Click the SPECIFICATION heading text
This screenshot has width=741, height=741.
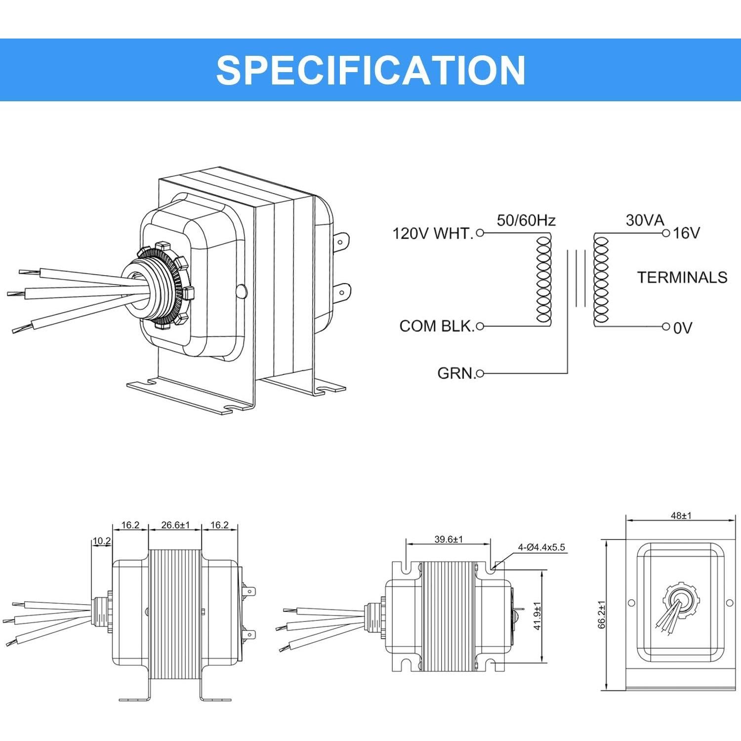[x=370, y=70]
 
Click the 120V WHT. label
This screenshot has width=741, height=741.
[x=432, y=233]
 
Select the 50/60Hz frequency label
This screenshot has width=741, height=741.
[x=526, y=220]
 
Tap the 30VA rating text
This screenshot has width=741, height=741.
[x=645, y=220]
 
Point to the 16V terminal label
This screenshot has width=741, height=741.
[x=686, y=233]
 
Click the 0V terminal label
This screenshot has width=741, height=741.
[x=683, y=328]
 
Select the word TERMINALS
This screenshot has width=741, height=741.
[x=682, y=277]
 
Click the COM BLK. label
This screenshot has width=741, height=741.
[x=436, y=326]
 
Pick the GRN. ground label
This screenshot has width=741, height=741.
[x=456, y=373]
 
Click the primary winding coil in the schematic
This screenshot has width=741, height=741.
[x=543, y=279]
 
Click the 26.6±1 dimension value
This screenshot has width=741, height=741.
[x=175, y=525]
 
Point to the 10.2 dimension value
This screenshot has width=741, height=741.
[x=102, y=541]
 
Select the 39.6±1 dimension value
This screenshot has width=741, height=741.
[x=448, y=539]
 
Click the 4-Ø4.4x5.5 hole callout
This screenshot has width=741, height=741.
[x=541, y=547]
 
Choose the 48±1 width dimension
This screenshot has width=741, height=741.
[x=681, y=515]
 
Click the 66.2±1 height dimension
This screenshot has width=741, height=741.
[x=602, y=615]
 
